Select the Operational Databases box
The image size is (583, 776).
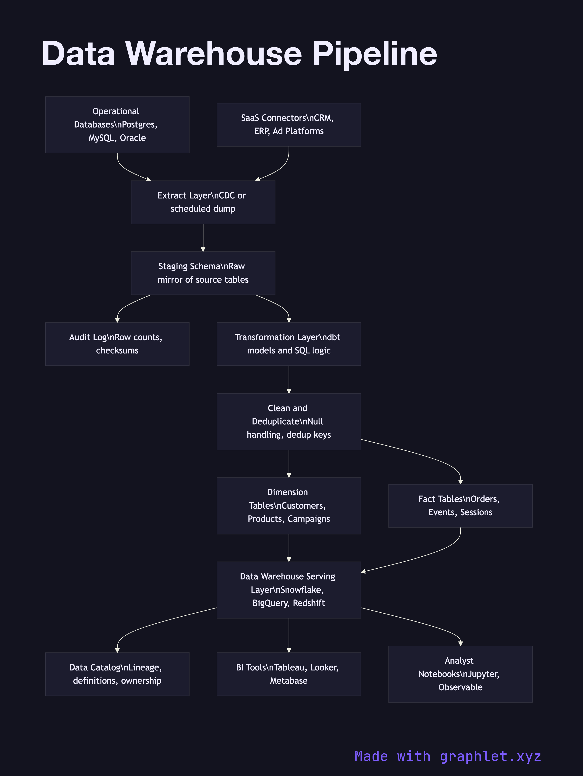pos(117,125)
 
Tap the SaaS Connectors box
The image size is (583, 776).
pos(289,125)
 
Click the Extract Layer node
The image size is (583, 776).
pos(203,202)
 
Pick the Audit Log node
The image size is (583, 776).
pos(117,344)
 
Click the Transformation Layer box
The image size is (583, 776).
pos(289,344)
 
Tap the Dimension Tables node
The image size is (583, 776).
pos(289,505)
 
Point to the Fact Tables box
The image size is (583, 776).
pos(460,505)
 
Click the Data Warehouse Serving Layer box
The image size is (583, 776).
pos(289,590)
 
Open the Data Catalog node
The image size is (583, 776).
pos(117,674)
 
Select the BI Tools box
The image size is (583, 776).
pos(289,674)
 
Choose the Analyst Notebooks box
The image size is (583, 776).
pos(460,674)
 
